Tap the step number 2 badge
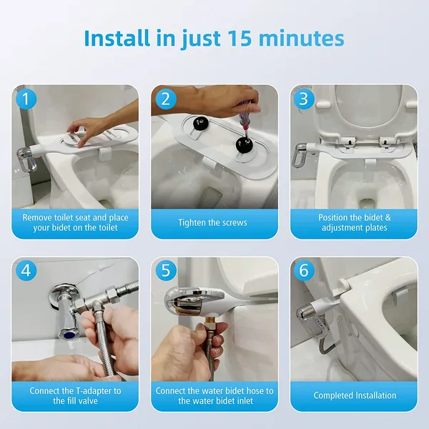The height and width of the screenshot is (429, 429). [x=164, y=99]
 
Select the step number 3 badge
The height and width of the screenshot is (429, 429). [x=303, y=99]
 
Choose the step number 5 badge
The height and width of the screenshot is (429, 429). [x=164, y=271]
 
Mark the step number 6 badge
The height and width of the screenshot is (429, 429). [x=303, y=271]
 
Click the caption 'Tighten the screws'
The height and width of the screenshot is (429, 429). [x=214, y=222]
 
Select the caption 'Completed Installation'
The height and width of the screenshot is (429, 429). [x=355, y=395]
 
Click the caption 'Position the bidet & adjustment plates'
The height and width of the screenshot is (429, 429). [x=355, y=222]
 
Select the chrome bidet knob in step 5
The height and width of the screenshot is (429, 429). [x=184, y=301]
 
